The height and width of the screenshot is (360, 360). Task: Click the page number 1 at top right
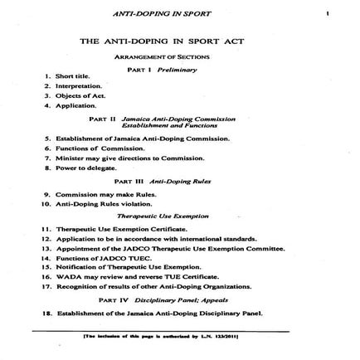point(328,13)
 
